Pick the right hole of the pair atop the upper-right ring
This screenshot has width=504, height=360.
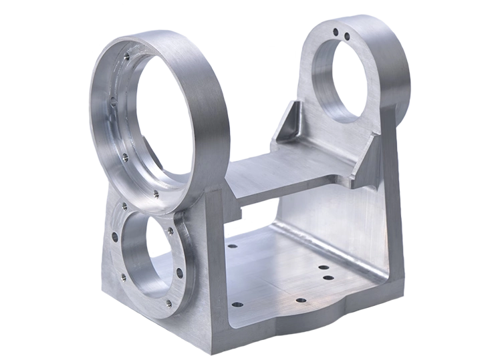coord(346,36)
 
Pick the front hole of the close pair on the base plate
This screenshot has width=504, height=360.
coord(328,277)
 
